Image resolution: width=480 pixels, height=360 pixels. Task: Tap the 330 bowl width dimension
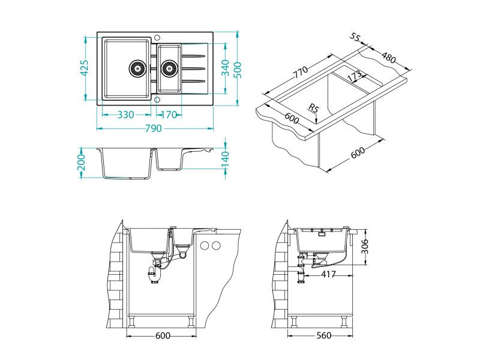pos(125,115)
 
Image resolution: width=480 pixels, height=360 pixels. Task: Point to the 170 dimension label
pos(169,115)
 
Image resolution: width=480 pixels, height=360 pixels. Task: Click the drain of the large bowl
pos(137,68)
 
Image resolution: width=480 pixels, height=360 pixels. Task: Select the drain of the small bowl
pos(169,68)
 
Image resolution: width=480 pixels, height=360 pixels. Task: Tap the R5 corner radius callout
pos(312,109)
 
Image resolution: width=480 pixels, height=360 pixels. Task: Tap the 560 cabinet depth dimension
pos(324,335)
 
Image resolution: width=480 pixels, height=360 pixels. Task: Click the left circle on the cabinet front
pos(205,245)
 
